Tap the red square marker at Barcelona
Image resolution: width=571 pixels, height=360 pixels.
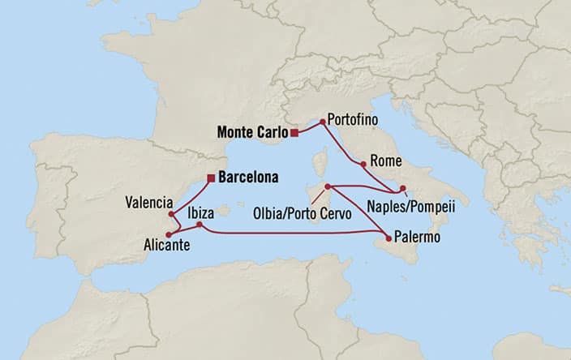point(211,178)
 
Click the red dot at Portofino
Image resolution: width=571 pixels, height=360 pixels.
point(323,122)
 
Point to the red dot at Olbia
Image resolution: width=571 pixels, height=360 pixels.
point(327,187)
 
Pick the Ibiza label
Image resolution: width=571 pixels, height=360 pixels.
point(201,212)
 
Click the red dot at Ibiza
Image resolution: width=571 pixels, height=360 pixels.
point(199,225)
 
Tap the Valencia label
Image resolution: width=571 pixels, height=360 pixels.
point(149,201)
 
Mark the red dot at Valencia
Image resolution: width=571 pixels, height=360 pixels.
point(172,214)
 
